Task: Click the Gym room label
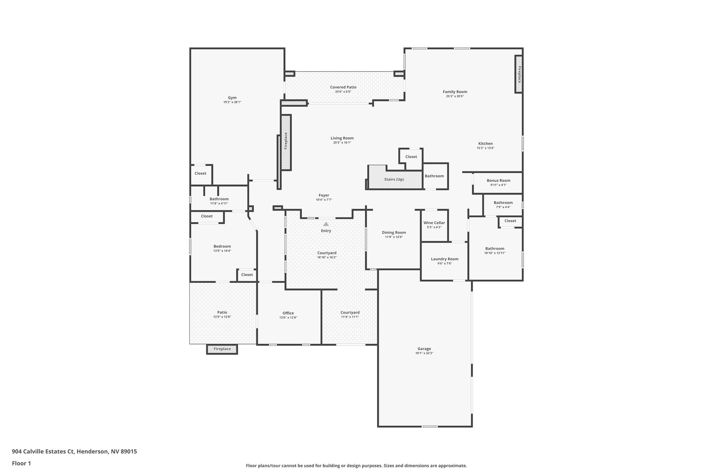(x=232, y=98)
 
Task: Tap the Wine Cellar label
(x=434, y=223)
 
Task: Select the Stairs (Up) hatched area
(x=394, y=180)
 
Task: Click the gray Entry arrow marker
(x=326, y=224)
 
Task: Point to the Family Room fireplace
(x=519, y=74)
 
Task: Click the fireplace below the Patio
(x=222, y=349)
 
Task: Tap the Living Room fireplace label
(x=286, y=141)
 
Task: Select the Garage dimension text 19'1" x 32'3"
(x=424, y=353)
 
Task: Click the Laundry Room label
(x=445, y=259)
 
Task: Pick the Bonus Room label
(x=498, y=181)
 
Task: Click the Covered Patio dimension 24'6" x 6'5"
(x=343, y=92)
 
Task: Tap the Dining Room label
(x=394, y=232)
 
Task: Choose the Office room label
(x=288, y=313)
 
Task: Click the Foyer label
(x=324, y=195)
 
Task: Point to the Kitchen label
(x=485, y=143)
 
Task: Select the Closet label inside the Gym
(x=200, y=173)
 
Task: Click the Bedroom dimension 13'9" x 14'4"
(x=222, y=251)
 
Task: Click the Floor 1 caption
(x=21, y=463)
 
